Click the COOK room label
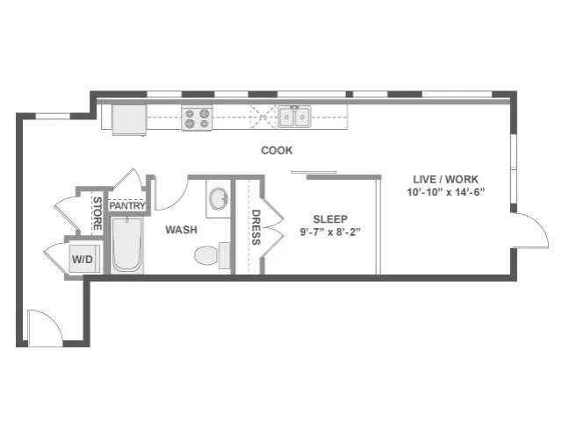click(277, 150)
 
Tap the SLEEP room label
click(330, 219)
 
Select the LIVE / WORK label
click(445, 179)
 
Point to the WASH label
click(181, 230)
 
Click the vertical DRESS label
click(256, 227)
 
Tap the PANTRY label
click(127, 206)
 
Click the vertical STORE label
click(97, 214)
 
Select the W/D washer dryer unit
click(84, 259)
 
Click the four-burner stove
click(197, 118)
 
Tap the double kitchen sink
click(295, 117)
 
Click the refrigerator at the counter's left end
click(129, 119)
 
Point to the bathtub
click(127, 246)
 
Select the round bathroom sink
click(219, 199)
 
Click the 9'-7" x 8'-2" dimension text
click(330, 232)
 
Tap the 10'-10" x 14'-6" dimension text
click(445, 192)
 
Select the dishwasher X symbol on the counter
click(263, 117)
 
